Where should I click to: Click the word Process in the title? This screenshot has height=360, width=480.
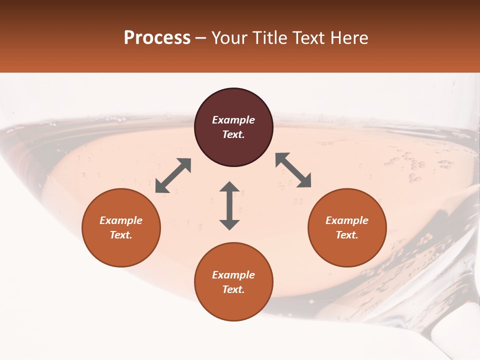tap(157, 38)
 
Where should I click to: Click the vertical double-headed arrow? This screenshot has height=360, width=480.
tap(229, 205)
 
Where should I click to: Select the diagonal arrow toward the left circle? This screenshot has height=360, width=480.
tap(173, 175)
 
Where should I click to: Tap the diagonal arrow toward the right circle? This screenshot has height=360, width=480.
tap(293, 170)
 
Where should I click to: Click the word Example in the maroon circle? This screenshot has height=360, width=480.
tap(233, 120)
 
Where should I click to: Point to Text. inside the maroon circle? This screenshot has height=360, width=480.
tap(233, 134)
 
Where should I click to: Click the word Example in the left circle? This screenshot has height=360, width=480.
tap(121, 220)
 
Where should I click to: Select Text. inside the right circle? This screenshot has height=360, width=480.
tap(347, 235)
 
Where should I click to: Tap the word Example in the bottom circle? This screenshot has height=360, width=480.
tap(233, 275)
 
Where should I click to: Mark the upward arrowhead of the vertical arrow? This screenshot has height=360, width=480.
tap(229, 187)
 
